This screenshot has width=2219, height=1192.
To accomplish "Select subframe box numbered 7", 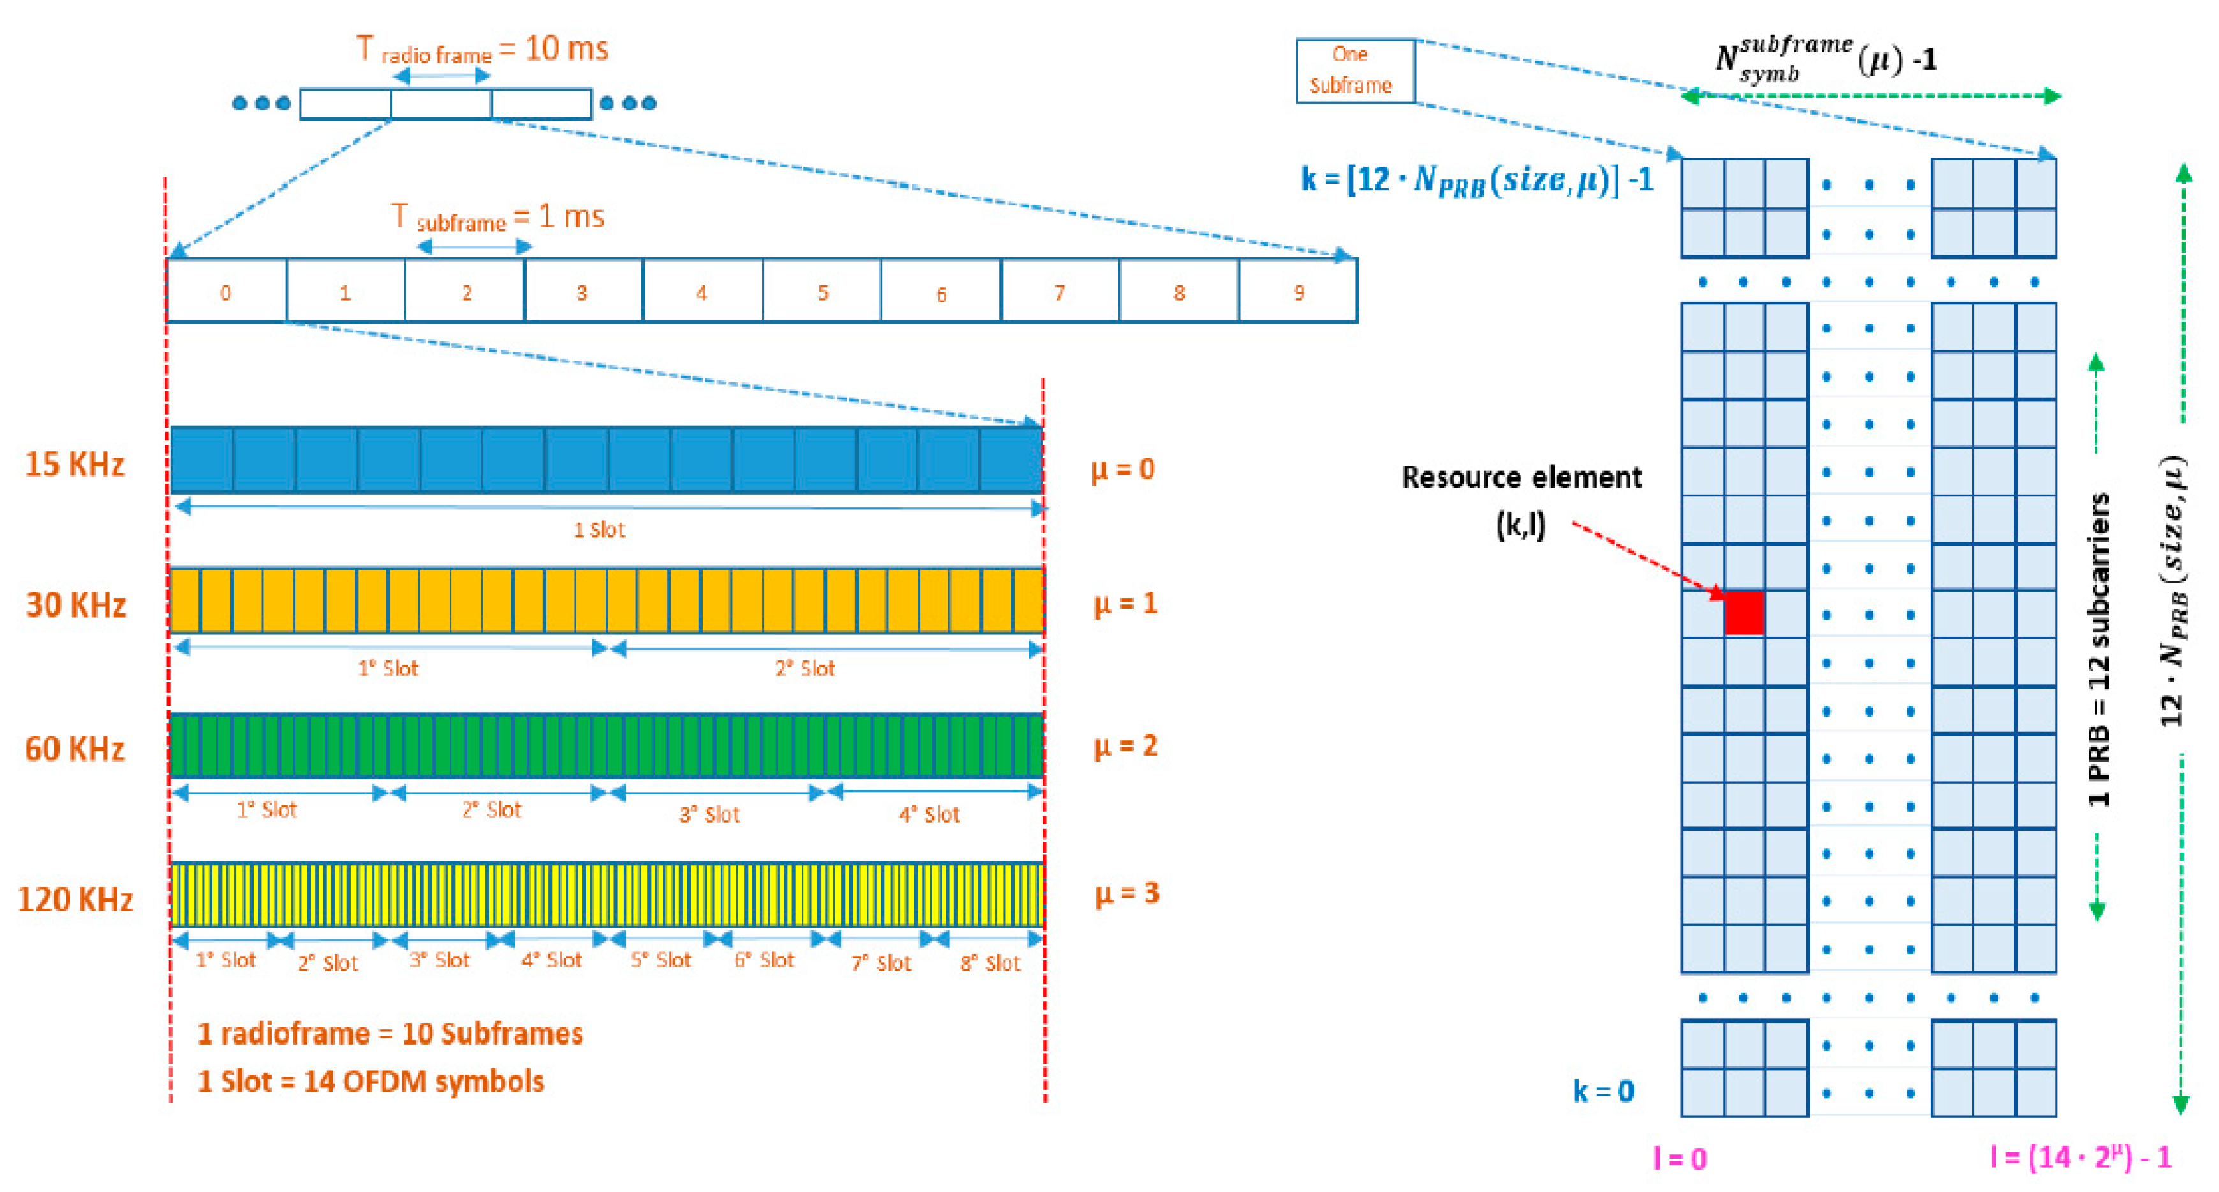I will point(1060,292).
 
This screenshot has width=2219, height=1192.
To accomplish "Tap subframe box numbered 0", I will point(226,292).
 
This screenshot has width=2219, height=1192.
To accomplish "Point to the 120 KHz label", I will point(75,900).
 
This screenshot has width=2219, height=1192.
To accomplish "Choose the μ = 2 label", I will point(1125,745).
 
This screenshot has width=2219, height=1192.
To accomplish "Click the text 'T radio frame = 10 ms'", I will point(483,50).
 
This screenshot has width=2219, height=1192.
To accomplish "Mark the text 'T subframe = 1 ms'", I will point(498,217).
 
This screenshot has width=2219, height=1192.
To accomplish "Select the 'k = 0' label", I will point(1603,1091).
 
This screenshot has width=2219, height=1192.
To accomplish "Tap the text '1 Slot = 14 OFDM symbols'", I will point(370,1082).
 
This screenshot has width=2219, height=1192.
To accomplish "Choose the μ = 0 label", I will point(1122,469).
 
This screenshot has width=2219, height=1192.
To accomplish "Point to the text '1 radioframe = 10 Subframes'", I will point(390,1033).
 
